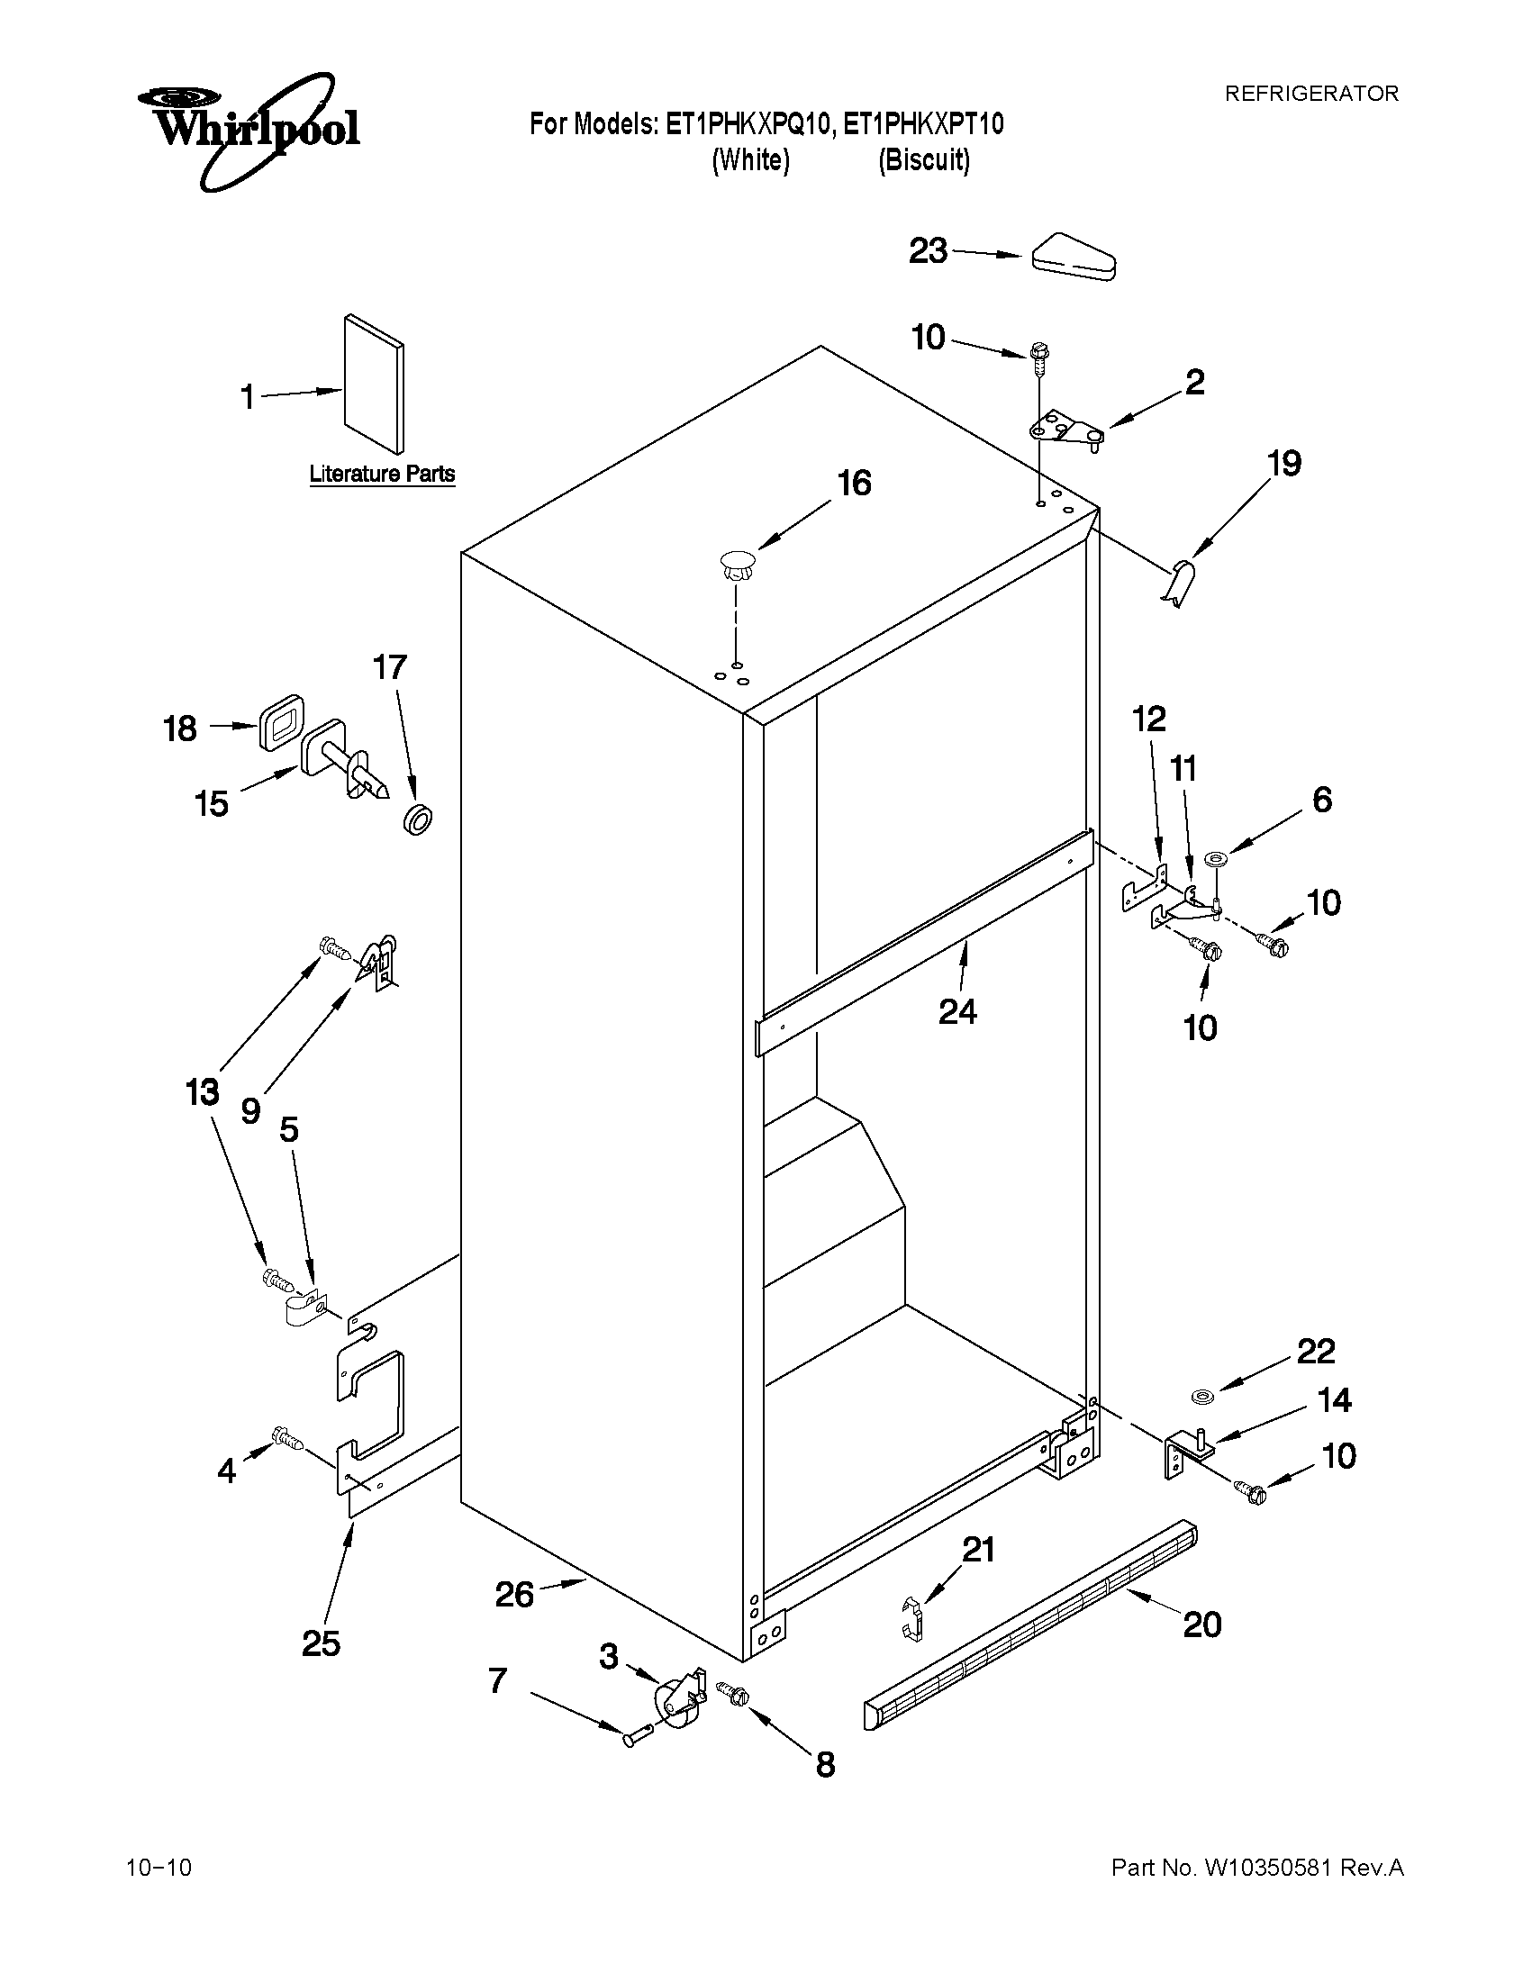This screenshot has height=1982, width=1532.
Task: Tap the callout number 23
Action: [928, 250]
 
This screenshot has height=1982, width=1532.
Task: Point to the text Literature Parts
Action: [381, 474]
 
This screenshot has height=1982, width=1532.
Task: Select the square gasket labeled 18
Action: [280, 722]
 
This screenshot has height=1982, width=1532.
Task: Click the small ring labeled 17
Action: [417, 818]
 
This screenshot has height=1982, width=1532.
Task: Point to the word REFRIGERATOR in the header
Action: [1311, 94]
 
